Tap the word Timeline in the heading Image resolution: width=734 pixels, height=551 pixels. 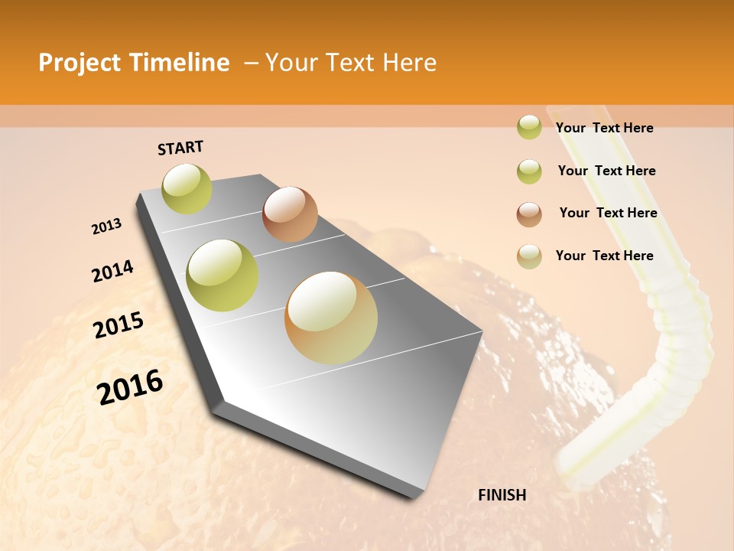pyautogui.click(x=180, y=63)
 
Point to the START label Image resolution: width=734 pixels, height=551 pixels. pyautogui.click(x=180, y=148)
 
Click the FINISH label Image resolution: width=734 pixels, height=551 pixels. pyautogui.click(x=502, y=495)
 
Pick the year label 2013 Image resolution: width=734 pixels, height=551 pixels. pyautogui.click(x=106, y=227)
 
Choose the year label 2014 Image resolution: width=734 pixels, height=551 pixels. pyautogui.click(x=112, y=271)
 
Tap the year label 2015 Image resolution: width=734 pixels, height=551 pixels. pyautogui.click(x=119, y=325)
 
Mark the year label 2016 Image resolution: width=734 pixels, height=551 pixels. pyautogui.click(x=130, y=386)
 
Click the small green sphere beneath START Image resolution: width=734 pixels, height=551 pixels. pyautogui.click(x=187, y=188)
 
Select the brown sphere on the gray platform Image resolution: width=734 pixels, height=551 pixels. pyautogui.click(x=290, y=214)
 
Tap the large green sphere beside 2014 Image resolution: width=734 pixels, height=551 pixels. pyautogui.click(x=222, y=275)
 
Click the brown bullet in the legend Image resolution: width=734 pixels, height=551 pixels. pyautogui.click(x=529, y=214)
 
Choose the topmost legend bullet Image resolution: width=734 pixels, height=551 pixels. pyautogui.click(x=529, y=127)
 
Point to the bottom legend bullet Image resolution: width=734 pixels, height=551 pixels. pyautogui.click(x=529, y=256)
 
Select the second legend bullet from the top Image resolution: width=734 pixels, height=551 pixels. pyautogui.click(x=529, y=171)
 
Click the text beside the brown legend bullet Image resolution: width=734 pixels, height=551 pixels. pyautogui.click(x=608, y=213)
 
